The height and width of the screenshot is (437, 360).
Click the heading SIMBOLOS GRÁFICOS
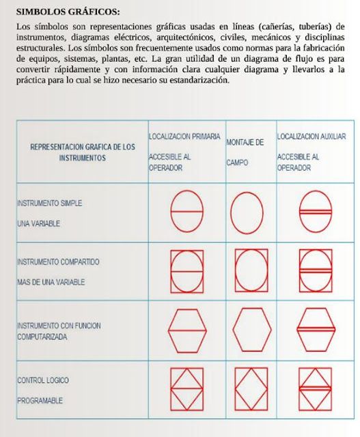tap(67, 12)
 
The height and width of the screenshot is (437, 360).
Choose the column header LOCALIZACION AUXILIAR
tap(311, 137)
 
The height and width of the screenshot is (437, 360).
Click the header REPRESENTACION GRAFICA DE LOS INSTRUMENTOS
tap(83, 152)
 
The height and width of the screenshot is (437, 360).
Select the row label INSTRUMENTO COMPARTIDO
tap(58, 262)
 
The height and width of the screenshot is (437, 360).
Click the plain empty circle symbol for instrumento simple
tap(251, 211)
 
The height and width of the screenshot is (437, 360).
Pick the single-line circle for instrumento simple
tap(186, 211)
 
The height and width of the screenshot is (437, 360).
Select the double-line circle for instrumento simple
tap(316, 211)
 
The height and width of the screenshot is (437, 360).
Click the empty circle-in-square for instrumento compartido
tap(251, 270)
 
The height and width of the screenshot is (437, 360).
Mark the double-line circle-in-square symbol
tap(316, 270)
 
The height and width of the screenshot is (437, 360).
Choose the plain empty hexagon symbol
tap(251, 330)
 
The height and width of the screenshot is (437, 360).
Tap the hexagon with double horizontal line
tap(316, 330)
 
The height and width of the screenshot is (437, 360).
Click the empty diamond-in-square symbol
tap(251, 389)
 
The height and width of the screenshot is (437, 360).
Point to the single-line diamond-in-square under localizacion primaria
tap(186, 389)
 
